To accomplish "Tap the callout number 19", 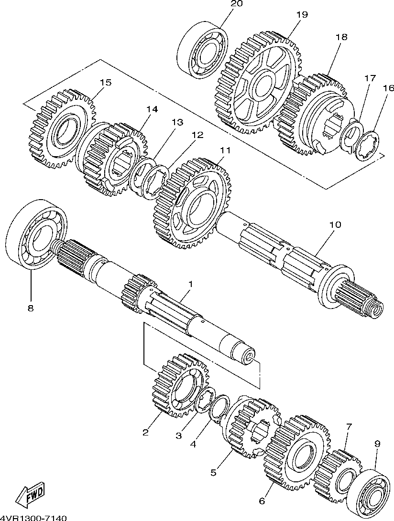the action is tap(302, 15).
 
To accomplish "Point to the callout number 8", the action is tap(31, 308).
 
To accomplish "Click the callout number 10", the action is tap(335, 224).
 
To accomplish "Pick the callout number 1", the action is tap(191, 284).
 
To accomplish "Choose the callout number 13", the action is tap(177, 122).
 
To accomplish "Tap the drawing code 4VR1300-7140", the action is tap(33, 518).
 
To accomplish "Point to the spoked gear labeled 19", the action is tap(259, 84).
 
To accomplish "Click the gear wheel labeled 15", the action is tap(63, 128).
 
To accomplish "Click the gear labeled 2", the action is tap(180, 385).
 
